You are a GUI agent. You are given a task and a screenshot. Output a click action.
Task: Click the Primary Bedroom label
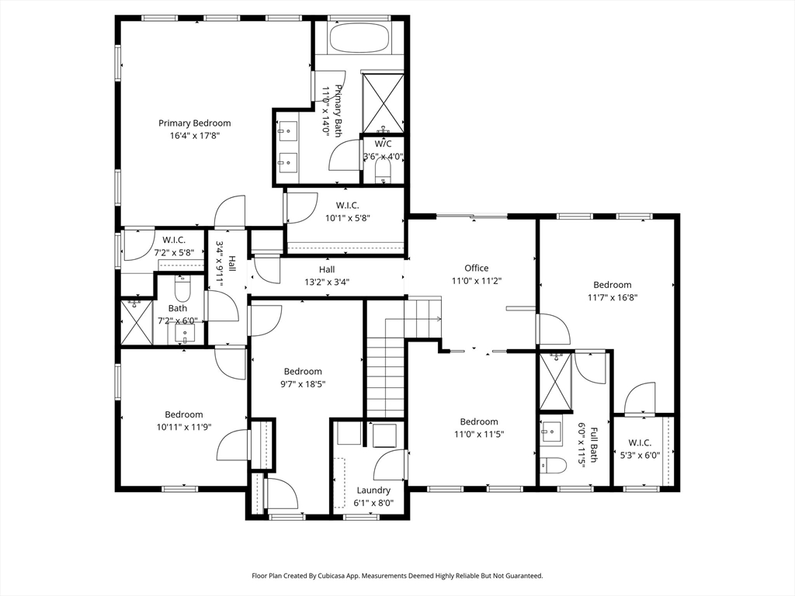point(194,123)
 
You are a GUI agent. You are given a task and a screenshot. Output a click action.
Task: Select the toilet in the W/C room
point(383,175)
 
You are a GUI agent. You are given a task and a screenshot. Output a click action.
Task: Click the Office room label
point(476,268)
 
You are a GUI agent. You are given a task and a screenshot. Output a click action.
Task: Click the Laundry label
point(373,490)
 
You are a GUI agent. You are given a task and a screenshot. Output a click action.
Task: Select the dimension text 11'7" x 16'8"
point(612,297)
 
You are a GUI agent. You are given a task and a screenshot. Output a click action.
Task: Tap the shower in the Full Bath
point(556,381)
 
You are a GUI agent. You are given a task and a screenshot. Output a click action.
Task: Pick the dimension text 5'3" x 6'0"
point(641,456)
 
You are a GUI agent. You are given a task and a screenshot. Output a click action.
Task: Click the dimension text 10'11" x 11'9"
point(183,427)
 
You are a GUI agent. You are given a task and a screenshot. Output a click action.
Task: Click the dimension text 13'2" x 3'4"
point(326,282)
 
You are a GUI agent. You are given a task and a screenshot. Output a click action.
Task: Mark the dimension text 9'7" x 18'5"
point(302,383)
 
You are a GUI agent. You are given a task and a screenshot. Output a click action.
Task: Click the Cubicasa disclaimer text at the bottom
point(397,576)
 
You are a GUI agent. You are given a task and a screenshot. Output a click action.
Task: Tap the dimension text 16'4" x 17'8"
point(194,135)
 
